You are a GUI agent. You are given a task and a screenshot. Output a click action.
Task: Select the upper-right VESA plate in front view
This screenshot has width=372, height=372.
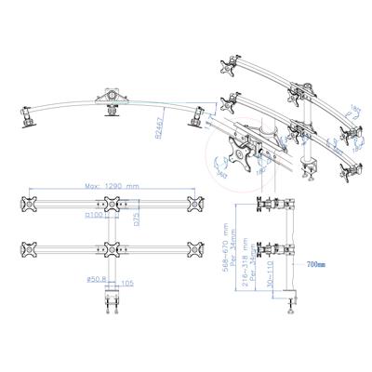pyautogui.click(x=194, y=205)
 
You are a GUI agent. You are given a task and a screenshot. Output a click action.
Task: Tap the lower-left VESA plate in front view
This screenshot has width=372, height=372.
pyautogui.click(x=27, y=249)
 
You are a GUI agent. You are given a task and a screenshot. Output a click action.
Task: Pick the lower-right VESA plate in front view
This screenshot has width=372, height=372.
pyautogui.click(x=194, y=249)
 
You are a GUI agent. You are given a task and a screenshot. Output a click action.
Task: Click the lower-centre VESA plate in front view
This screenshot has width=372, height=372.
pyautogui.click(x=111, y=249)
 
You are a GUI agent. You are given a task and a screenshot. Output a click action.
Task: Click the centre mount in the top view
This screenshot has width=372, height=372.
pyautogui.click(x=112, y=97)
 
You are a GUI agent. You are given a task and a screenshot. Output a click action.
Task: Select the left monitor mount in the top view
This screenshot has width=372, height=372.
pyautogui.click(x=26, y=116)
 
